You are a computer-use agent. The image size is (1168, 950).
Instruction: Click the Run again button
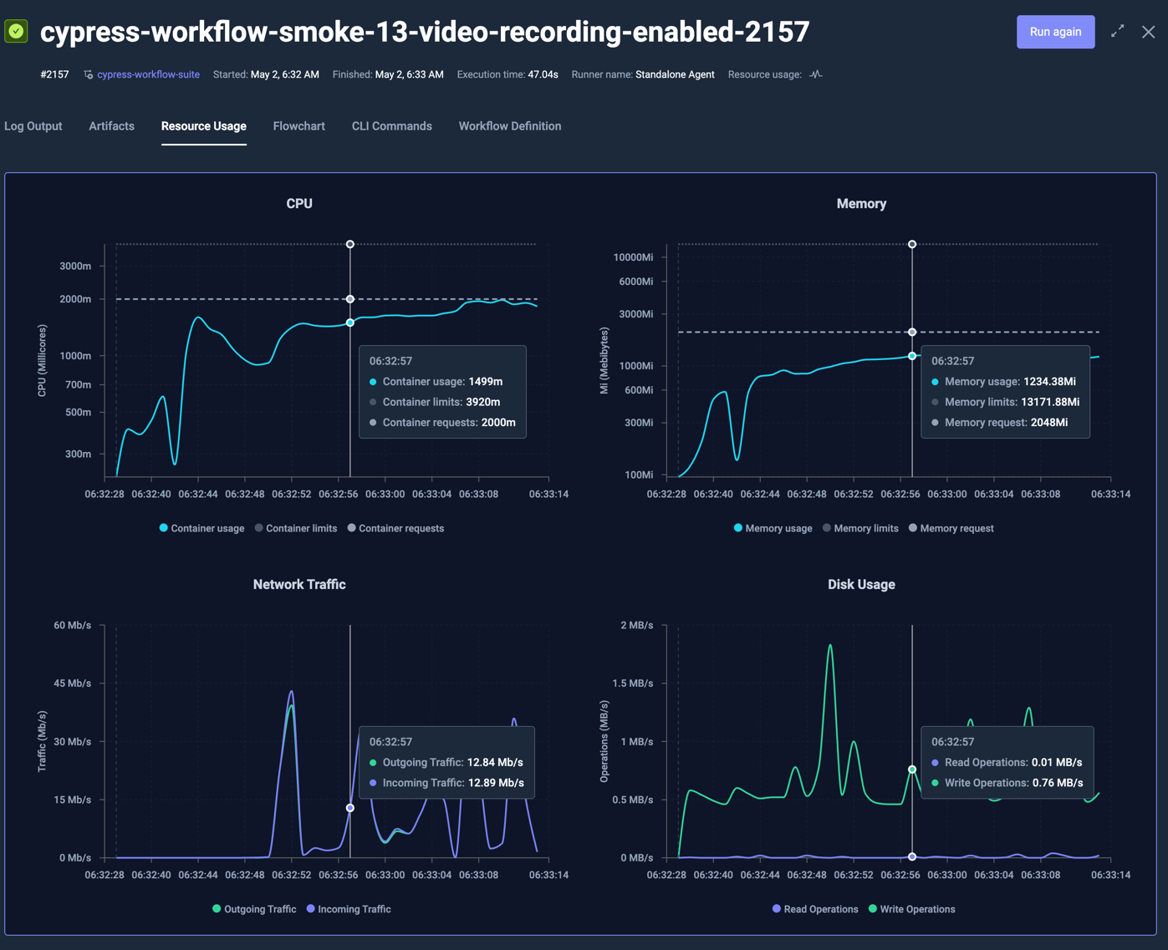1055,32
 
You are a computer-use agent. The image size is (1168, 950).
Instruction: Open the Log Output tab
33,126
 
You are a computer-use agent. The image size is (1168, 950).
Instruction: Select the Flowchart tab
298,126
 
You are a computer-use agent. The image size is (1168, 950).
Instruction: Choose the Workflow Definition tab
509,126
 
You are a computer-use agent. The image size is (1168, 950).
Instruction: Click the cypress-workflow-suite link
148,74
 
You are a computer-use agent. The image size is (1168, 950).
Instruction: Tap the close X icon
1149,32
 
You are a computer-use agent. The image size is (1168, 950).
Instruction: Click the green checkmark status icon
17,32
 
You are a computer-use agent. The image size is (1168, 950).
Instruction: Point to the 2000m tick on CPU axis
75,299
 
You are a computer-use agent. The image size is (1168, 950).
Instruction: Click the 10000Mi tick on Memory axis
633,257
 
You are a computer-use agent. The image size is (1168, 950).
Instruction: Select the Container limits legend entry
301,528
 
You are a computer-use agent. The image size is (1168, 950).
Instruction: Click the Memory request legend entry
956,528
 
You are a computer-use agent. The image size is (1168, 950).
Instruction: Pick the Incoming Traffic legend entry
354,909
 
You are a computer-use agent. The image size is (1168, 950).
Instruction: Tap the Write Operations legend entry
917,909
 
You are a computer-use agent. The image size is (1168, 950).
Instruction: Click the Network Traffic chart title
299,585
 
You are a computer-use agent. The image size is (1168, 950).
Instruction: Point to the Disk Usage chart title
861,585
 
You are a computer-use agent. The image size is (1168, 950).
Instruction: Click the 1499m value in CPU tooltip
486,382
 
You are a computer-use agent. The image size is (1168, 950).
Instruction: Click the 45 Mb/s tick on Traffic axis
72,683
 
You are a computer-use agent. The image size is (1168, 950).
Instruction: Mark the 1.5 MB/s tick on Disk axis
632,683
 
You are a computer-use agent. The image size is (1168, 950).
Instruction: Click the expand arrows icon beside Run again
1117,32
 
